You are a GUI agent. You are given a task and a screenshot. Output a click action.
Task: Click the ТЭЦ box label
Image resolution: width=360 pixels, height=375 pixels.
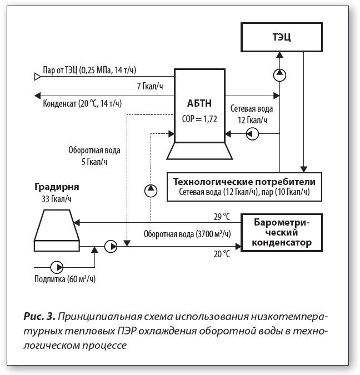tap(282, 37)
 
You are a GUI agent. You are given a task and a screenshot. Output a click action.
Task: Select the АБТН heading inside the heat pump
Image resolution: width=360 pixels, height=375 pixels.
tap(199, 103)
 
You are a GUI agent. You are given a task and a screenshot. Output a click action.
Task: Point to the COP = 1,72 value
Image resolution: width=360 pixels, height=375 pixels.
tap(199, 119)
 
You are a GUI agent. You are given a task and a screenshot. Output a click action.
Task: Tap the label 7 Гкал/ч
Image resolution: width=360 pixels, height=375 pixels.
tap(150, 86)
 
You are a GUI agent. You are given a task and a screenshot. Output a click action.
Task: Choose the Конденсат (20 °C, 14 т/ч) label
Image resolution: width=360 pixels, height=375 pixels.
tap(82, 103)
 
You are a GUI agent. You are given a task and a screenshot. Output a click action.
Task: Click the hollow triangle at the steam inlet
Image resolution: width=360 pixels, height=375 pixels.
tap(38, 77)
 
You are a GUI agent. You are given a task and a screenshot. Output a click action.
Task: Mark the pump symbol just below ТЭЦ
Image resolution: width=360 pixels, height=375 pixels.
tap(279, 75)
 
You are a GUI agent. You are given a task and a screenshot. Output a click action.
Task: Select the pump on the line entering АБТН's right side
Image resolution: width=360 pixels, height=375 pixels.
tap(252, 134)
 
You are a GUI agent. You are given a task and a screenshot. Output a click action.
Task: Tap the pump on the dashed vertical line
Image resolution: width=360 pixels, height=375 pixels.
tap(151, 191)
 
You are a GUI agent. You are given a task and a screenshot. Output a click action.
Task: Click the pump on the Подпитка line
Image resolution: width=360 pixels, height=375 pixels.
tap(57, 267)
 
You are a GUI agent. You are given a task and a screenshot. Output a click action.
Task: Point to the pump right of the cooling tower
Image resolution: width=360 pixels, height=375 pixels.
tap(111, 246)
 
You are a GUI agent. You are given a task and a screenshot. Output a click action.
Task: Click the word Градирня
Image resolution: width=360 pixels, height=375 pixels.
tap(57, 187)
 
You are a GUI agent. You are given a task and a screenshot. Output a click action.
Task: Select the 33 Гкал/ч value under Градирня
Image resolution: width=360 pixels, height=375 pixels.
tap(57, 199)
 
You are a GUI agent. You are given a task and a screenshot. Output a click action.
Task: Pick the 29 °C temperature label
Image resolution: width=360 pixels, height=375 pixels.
tap(222, 217)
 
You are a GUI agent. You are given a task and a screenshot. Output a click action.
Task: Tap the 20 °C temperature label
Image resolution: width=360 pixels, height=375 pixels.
tap(222, 254)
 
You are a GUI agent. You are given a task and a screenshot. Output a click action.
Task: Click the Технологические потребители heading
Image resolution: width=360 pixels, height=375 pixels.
tap(244, 182)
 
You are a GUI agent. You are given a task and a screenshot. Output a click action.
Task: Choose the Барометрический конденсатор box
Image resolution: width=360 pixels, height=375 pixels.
tap(282, 233)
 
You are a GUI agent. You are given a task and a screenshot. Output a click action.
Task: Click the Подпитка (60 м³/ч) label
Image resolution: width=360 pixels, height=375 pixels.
tap(65, 279)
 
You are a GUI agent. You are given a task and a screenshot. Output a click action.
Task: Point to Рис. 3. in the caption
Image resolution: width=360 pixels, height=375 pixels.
tap(39, 317)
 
